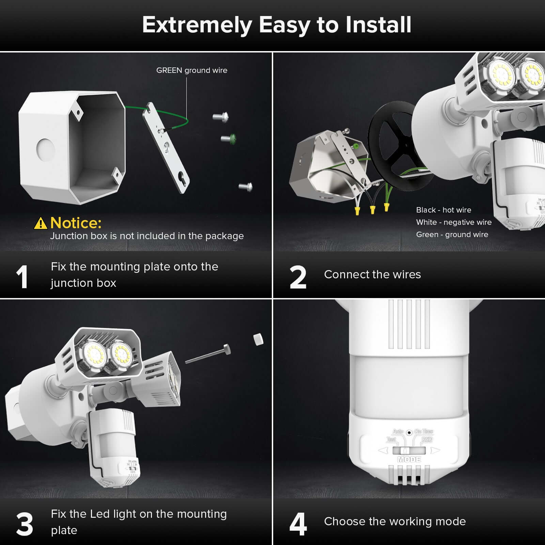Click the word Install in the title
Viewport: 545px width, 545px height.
point(378,25)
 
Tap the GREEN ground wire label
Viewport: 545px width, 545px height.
point(191,71)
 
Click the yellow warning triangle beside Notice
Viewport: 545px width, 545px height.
point(41,223)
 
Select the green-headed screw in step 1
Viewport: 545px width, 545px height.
point(229,139)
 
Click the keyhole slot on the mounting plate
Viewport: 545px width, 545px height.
point(184,180)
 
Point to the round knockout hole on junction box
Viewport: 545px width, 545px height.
point(46,149)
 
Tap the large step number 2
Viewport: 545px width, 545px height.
point(298,278)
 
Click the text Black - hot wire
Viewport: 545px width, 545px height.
point(443,210)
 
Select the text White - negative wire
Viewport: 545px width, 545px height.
point(454,222)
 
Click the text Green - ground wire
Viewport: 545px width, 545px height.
point(452,234)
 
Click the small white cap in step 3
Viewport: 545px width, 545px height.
point(258,339)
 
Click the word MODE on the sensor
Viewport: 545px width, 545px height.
point(409,460)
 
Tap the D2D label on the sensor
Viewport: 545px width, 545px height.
point(427,439)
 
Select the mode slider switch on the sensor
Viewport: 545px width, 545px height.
point(408,451)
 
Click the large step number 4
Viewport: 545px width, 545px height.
point(298,525)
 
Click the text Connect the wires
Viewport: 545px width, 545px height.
point(372,275)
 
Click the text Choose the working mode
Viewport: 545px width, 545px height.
point(395,521)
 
